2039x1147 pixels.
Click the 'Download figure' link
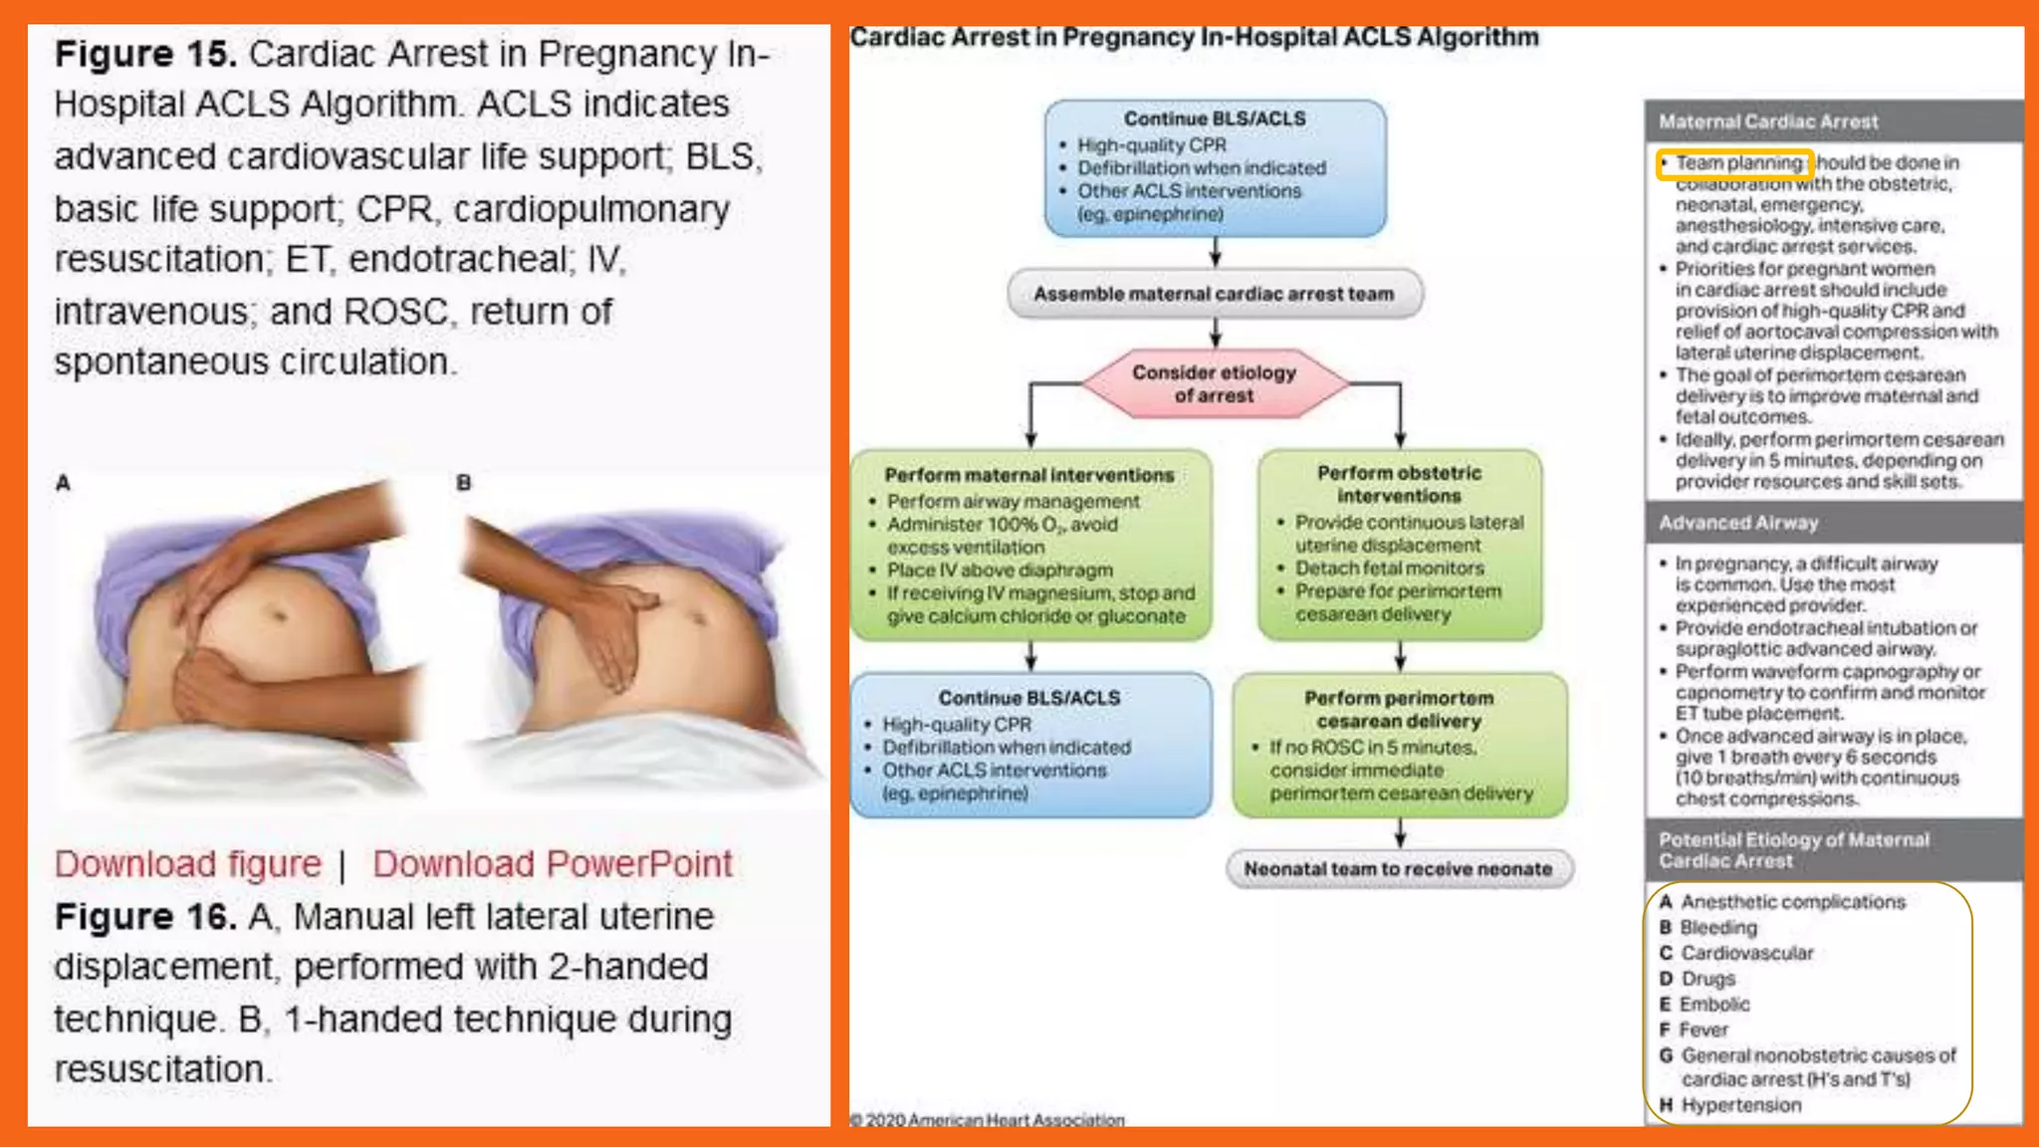point(188,864)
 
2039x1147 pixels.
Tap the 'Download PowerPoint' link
point(553,864)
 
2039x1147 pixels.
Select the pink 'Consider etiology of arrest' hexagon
point(1214,383)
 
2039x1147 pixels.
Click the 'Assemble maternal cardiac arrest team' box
point(1214,294)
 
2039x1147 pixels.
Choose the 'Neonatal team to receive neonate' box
point(1398,869)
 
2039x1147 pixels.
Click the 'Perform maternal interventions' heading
point(1029,475)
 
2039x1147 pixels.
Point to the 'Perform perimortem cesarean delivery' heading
point(1399,709)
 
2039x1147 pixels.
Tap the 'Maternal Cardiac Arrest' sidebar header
point(1768,121)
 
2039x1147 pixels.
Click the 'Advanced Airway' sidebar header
point(1738,523)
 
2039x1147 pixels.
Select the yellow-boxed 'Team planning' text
point(1737,162)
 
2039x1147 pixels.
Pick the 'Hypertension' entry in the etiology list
point(1740,1105)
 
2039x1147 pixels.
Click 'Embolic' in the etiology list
point(1714,1005)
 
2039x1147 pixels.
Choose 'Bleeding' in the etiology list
point(1718,928)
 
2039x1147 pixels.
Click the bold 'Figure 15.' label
point(145,54)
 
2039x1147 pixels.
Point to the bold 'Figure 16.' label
point(145,916)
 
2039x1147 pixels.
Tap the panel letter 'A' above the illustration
point(63,483)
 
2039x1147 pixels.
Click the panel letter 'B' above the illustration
point(463,483)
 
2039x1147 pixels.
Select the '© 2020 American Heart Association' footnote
point(988,1120)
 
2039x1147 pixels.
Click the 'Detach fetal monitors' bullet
point(1389,569)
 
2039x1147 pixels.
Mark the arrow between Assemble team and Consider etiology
point(1215,333)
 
